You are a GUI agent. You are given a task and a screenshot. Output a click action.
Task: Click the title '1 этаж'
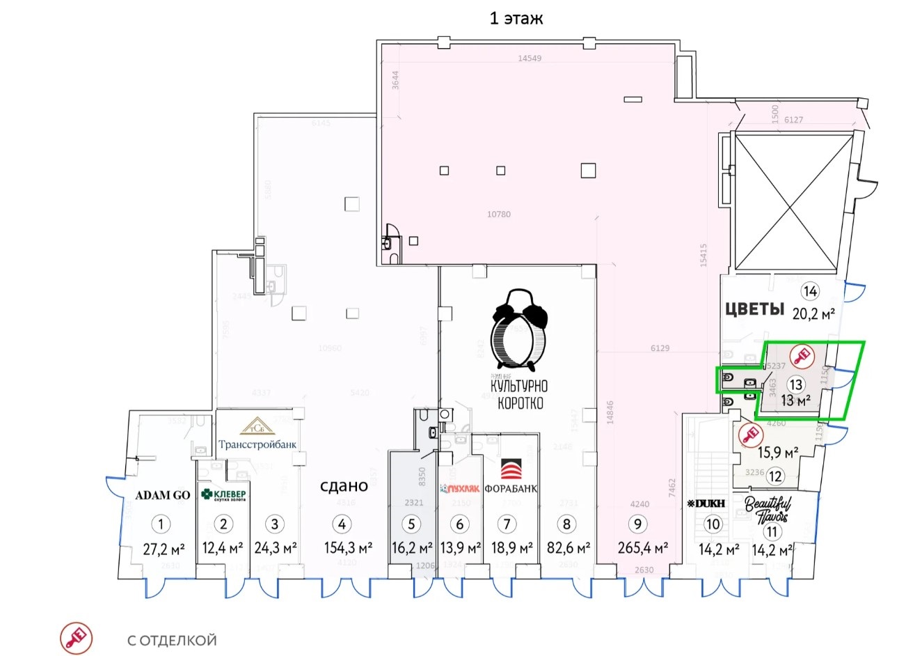[x=516, y=18]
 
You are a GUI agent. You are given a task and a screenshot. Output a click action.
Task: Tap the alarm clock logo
[x=518, y=329]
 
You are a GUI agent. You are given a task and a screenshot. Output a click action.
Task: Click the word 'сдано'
[x=344, y=486]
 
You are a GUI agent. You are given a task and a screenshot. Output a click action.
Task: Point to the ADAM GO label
[x=162, y=495]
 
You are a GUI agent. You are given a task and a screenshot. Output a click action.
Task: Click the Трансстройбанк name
[x=258, y=444]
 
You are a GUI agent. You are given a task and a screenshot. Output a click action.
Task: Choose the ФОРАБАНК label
[x=511, y=488]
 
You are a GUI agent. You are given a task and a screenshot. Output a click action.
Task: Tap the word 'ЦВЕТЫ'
[x=755, y=309]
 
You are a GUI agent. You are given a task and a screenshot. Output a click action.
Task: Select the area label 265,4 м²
[x=642, y=549]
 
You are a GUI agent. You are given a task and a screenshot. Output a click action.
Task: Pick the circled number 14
[x=809, y=291]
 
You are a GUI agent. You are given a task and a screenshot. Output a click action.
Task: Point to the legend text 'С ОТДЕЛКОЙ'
[x=172, y=640]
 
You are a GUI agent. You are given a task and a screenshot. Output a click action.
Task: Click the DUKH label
[x=706, y=503]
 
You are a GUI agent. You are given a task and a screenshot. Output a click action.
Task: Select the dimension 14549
[x=531, y=58]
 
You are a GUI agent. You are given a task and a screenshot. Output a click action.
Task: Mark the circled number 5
[x=412, y=524]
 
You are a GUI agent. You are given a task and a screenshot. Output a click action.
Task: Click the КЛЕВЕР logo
[x=223, y=494]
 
